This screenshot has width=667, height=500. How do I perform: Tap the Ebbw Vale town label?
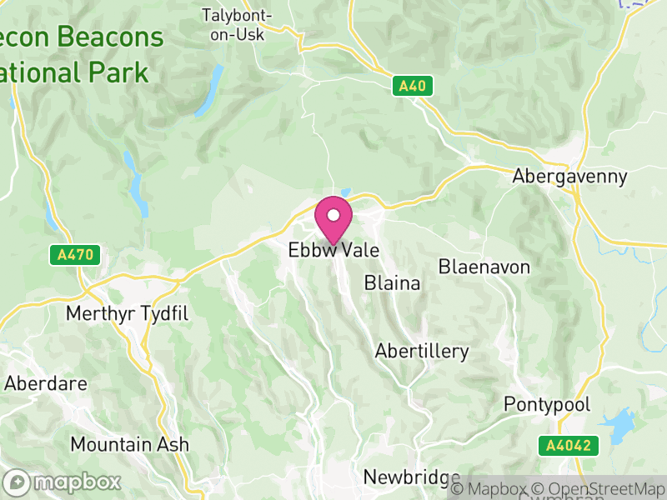pyautogui.click(x=333, y=250)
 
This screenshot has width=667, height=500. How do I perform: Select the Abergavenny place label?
pyautogui.click(x=569, y=177)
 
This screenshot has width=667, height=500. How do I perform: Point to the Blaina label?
pyautogui.click(x=392, y=283)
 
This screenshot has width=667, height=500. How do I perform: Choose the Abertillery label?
pyautogui.click(x=422, y=351)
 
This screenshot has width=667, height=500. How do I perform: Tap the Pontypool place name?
pyautogui.click(x=547, y=404)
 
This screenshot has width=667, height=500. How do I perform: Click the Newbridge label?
pyautogui.click(x=412, y=477)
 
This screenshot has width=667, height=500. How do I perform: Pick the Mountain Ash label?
pyautogui.click(x=129, y=444)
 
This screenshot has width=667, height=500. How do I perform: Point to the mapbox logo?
pyautogui.click(x=63, y=482)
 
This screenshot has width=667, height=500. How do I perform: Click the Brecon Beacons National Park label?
pyautogui.click(x=75, y=54)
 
